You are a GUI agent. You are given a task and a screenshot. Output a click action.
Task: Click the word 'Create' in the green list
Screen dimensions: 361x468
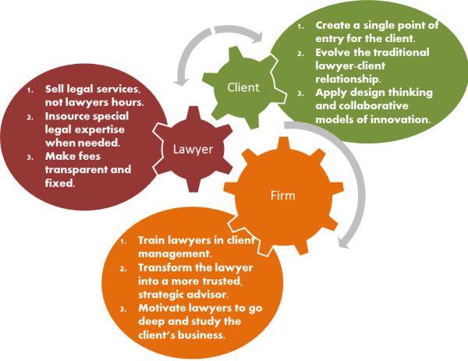335,26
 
